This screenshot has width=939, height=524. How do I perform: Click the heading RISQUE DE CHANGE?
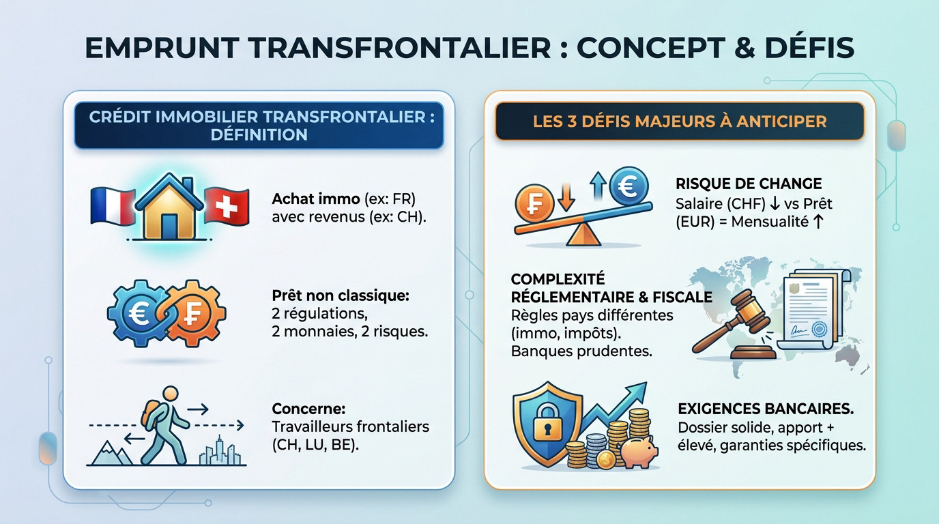tap(749, 184)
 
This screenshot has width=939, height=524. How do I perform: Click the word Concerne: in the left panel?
tap(308, 409)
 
